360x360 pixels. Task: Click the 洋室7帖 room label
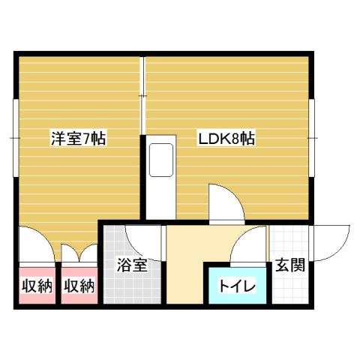tap(77, 138)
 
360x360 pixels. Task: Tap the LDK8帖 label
tap(226, 138)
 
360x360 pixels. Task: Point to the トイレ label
tap(237, 286)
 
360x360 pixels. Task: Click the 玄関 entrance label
tap(289, 265)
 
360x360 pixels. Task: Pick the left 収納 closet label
tap(34, 286)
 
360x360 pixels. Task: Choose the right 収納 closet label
tap(79, 286)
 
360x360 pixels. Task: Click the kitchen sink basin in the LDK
tap(160, 160)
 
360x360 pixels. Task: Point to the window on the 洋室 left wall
tap(15, 138)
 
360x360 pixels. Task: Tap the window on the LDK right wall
tap(313, 138)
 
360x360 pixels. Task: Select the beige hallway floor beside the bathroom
tap(183, 270)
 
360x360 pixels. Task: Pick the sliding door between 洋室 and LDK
tap(142, 97)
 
